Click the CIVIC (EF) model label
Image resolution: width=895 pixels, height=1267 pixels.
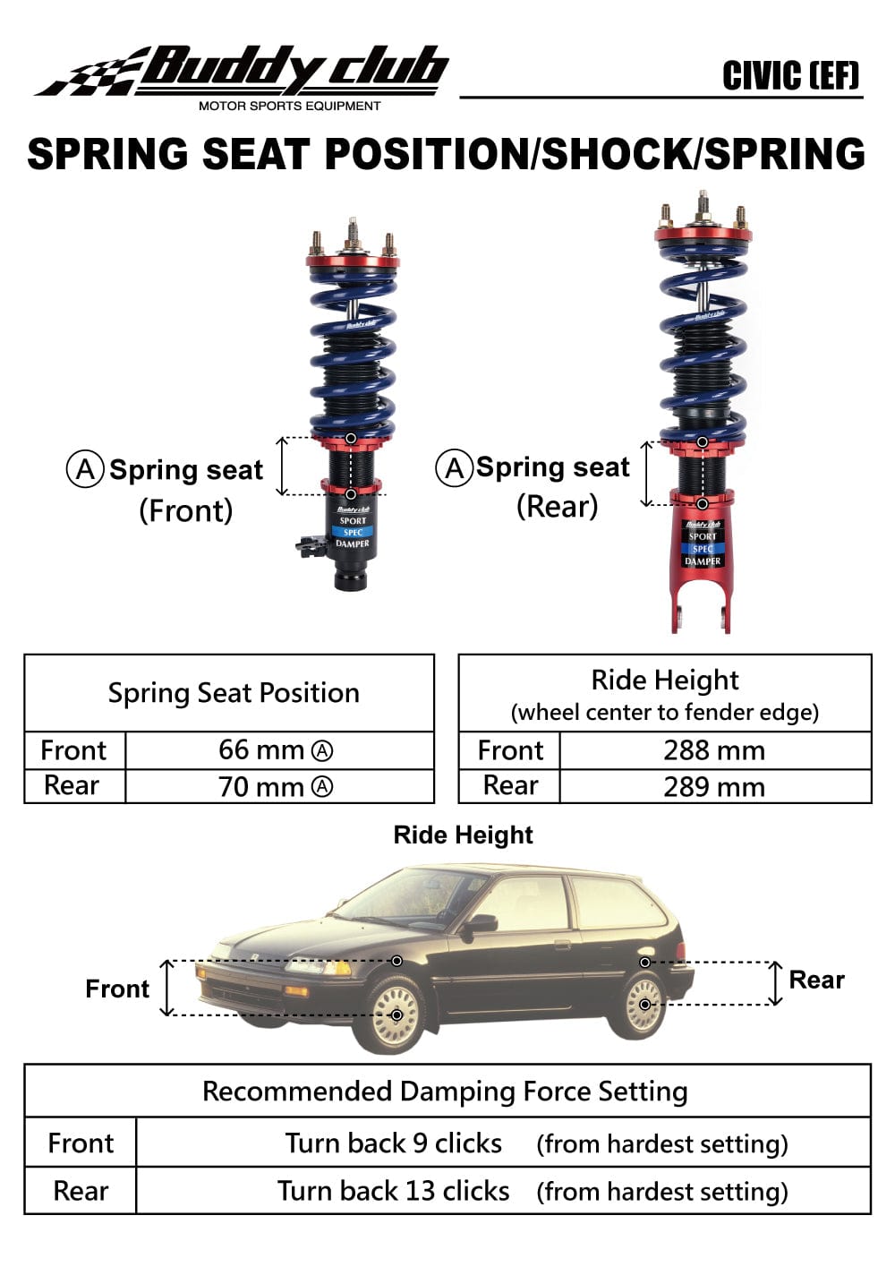pos(790,76)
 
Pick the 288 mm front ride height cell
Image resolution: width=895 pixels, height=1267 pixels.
pos(713,750)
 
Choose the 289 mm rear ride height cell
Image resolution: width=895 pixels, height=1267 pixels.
pos(713,787)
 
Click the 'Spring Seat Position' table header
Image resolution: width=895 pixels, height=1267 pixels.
pos(233,693)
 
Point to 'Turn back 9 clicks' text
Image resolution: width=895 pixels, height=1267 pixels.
pos(393,1143)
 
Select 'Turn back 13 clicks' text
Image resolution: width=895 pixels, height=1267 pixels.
pos(393,1191)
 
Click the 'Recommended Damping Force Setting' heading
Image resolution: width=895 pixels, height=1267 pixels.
pos(445,1092)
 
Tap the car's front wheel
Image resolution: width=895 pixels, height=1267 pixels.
pos(396,1014)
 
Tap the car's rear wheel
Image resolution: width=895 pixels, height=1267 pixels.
pos(644,1005)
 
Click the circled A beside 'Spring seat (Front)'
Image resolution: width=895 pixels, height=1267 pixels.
pos(84,469)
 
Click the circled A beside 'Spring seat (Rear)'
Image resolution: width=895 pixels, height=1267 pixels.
pos(454,467)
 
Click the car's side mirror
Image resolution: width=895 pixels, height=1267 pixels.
pos(481,924)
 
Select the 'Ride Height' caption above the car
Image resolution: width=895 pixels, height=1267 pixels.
pos(463,835)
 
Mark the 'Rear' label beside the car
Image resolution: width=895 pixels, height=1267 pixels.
pos(816,980)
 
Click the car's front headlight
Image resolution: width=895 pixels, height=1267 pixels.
pos(320,968)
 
